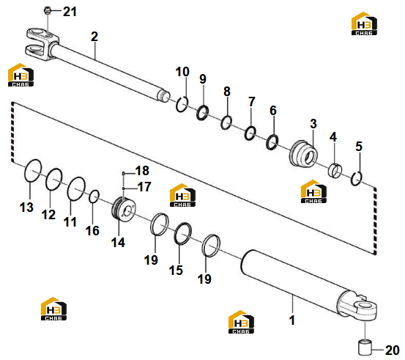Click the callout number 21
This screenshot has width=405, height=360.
[70, 12]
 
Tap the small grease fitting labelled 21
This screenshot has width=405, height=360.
[46, 10]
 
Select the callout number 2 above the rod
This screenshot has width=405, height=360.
[94, 37]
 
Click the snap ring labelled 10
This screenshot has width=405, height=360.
[182, 104]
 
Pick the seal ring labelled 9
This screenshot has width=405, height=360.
[202, 113]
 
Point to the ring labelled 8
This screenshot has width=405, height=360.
[226, 122]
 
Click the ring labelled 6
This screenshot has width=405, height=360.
[272, 142]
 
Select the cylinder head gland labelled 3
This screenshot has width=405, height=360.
[303, 154]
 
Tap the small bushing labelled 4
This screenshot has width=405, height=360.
[335, 171]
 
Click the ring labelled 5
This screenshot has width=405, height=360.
[357, 178]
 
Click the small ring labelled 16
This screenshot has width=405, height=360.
[94, 196]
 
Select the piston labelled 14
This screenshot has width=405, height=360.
[124, 209]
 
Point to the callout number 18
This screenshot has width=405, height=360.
[142, 171]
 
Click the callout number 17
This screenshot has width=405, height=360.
[144, 187]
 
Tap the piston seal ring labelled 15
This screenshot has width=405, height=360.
[183, 233]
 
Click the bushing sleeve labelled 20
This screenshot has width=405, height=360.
[365, 348]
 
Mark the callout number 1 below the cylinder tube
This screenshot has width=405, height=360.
[292, 320]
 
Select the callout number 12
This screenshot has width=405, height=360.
[48, 215]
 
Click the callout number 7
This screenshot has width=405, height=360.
[252, 102]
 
